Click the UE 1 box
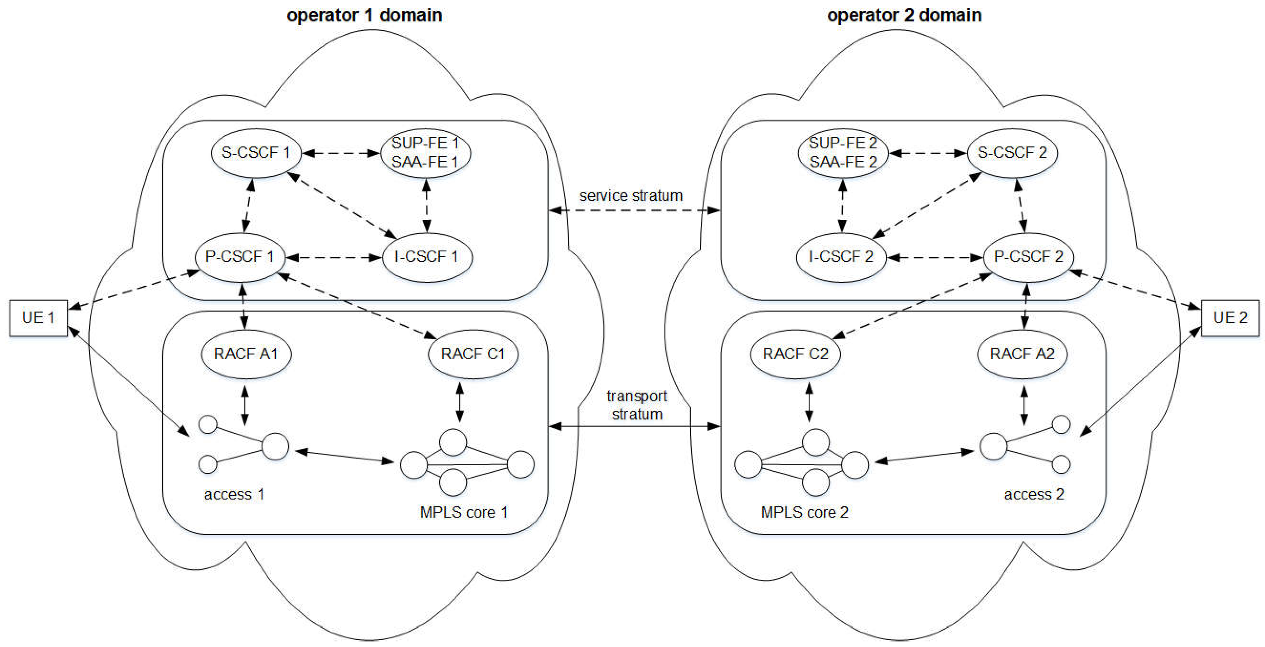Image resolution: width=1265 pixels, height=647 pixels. pos(38,318)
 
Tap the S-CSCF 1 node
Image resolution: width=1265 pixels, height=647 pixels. pos(255,153)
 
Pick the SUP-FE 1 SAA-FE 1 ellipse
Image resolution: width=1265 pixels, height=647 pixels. pos(425,153)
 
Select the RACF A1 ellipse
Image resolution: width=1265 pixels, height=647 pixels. pos(246,354)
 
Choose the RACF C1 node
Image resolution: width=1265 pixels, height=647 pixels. pos(473,354)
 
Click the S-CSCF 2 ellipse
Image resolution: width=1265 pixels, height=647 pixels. pos(1012,153)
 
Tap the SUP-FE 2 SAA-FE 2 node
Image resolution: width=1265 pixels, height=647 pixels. pos(843,153)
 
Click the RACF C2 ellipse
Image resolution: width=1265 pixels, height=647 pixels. pos(795,354)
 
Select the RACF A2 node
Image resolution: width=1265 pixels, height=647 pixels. pos(1022,354)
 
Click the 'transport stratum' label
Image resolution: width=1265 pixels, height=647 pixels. pos(637,405)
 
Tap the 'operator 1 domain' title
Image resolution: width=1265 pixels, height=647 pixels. pos(365,15)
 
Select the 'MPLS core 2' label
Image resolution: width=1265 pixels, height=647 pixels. pos(804,512)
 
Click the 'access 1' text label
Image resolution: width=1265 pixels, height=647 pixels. pos(234,494)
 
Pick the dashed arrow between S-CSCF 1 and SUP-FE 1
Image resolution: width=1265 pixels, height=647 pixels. pos(341,153)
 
